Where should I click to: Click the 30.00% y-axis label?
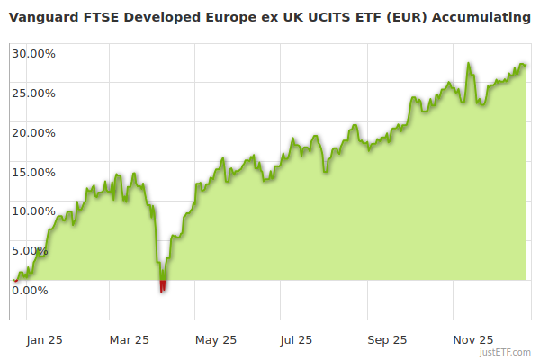pyautogui.click(x=33, y=53)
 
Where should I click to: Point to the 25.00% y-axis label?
pyautogui.click(x=33, y=93)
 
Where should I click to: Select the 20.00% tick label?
pyautogui.click(x=33, y=132)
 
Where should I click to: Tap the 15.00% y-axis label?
pyautogui.click(x=33, y=172)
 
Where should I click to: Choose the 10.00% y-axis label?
pyautogui.click(x=33, y=211)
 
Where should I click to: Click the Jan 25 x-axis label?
pyautogui.click(x=44, y=339)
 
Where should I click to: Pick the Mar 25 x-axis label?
pyautogui.click(x=130, y=339)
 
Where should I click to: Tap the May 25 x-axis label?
pyautogui.click(x=216, y=339)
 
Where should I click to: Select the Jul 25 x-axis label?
pyautogui.click(x=297, y=339)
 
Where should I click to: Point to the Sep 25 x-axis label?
pyautogui.click(x=387, y=339)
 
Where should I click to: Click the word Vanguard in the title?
pyautogui.click(x=42, y=17)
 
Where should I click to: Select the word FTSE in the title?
pyautogui.click(x=99, y=17)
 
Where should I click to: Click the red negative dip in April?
pyautogui.click(x=163, y=286)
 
